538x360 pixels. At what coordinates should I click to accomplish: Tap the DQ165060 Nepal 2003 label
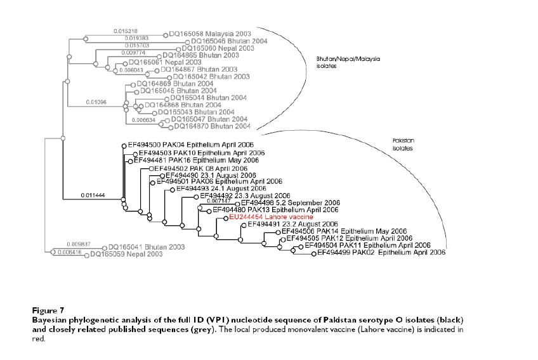click(x=218, y=48)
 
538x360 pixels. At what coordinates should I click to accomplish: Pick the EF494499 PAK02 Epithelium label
click(x=381, y=253)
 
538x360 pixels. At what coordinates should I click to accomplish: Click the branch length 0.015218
click(x=125, y=31)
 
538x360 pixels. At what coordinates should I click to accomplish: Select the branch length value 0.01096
click(x=96, y=102)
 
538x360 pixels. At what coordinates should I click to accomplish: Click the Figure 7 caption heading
click(x=48, y=310)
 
